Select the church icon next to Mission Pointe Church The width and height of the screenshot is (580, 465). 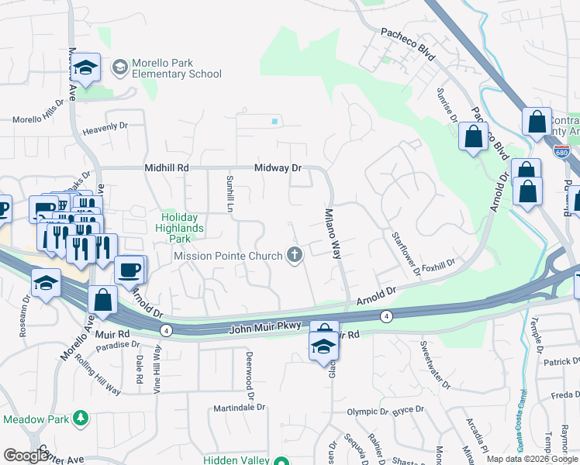click(x=295, y=254)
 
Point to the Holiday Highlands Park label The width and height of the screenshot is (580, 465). click(x=182, y=223)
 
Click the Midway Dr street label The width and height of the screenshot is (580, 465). click(x=279, y=167)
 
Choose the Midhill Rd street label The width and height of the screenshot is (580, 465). click(x=166, y=167)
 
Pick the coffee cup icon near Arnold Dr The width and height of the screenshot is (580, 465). click(x=129, y=270)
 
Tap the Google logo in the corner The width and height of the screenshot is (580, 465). click(x=26, y=456)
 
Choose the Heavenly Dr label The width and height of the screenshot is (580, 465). click(x=105, y=126)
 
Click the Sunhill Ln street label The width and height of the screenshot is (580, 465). click(x=230, y=194)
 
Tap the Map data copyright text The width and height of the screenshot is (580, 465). click(x=531, y=459)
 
